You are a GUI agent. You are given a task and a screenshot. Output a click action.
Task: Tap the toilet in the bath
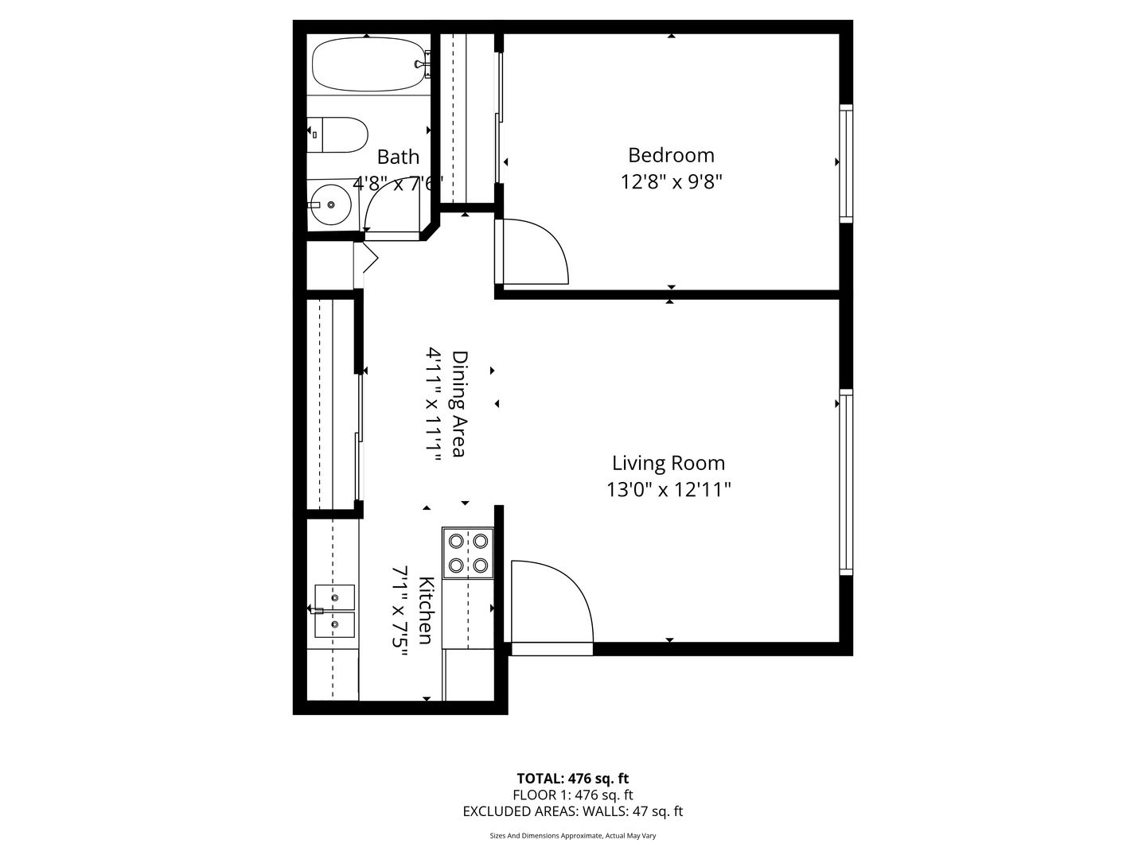pos(337,134)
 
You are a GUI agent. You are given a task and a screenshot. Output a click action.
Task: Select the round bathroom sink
pos(330,205)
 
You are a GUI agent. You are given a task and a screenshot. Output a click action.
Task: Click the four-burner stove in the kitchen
pos(468,553)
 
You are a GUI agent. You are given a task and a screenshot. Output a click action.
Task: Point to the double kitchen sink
pos(334,611)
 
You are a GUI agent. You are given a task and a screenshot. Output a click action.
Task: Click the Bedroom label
pos(671,155)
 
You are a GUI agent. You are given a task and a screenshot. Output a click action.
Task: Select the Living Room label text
pos(668,463)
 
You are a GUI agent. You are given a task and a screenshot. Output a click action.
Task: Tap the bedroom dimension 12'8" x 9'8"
pos(671,182)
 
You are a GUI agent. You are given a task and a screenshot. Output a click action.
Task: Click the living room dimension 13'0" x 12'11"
pos(668,490)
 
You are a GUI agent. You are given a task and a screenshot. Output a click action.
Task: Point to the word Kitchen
pos(426,610)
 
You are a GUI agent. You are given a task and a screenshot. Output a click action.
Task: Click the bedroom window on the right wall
pos(846,163)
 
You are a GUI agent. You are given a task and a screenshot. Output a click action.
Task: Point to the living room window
pos(846,482)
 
